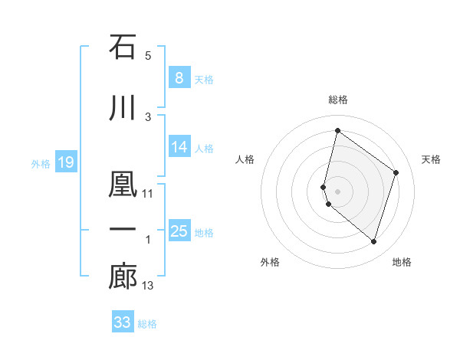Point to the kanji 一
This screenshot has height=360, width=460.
click(123, 230)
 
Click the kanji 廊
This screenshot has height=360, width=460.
click(123, 277)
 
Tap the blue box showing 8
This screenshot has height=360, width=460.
click(179, 78)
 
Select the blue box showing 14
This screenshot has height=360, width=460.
click(179, 147)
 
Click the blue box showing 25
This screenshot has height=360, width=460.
click(179, 231)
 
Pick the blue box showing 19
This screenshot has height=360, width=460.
click(65, 162)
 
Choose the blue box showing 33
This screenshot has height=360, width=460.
click(123, 322)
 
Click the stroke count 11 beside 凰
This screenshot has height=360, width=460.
click(148, 194)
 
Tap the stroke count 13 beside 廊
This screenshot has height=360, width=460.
click(148, 286)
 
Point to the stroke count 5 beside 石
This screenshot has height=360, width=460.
click(148, 56)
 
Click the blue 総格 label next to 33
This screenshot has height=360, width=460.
click(147, 324)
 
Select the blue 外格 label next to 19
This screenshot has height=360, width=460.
click(41, 163)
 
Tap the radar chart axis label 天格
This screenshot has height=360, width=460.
click(432, 159)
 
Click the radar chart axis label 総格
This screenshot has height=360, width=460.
click(338, 100)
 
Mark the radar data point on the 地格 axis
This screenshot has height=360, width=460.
click(373, 242)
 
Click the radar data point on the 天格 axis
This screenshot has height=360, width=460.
click(396, 172)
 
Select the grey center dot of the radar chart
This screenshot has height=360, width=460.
click(338, 191)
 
